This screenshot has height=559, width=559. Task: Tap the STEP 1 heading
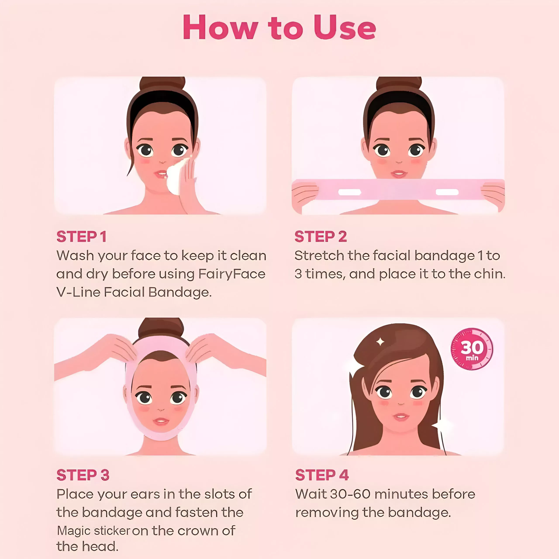coord(82,237)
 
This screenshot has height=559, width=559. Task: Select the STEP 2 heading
coord(321,237)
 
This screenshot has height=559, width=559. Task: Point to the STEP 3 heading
coord(83,475)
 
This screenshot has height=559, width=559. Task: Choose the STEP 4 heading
coord(322,475)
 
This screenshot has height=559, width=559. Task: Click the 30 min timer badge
coord(472,349)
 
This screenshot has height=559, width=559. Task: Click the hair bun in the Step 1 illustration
coord(162,84)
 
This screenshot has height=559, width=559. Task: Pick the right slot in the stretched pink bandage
coord(447,192)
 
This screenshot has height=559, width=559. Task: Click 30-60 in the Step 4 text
coord(350,494)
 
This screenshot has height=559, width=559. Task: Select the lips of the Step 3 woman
coord(161,421)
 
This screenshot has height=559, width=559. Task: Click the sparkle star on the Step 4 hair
coord(380,342)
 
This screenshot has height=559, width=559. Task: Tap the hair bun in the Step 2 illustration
coord(399,84)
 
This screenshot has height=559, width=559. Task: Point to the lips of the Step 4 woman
coord(401,417)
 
